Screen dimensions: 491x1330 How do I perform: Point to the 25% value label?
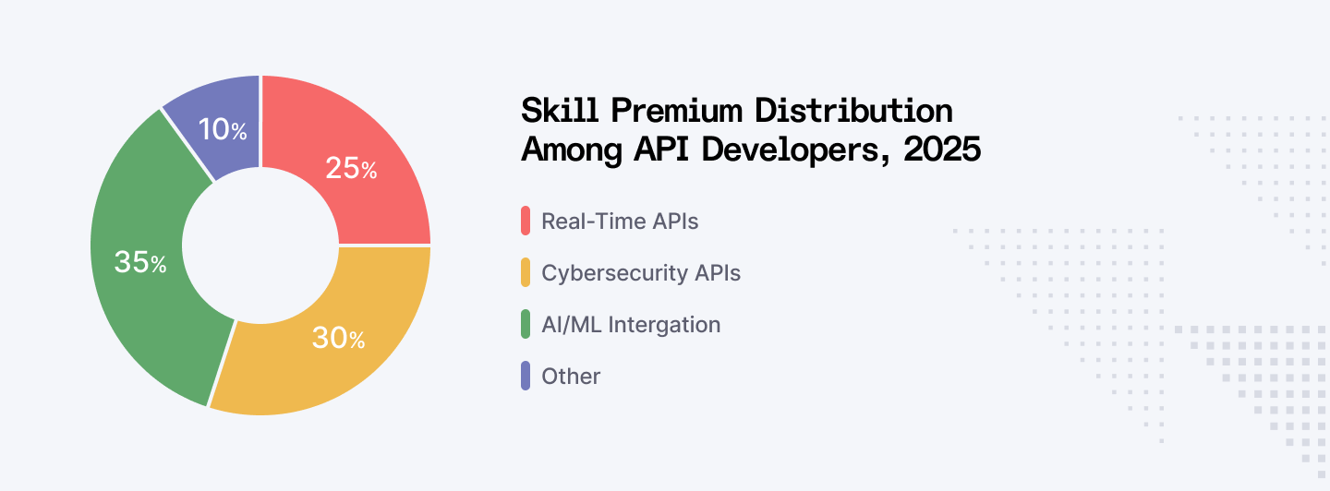[x=351, y=169]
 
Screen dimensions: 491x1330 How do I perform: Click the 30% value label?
[x=338, y=339]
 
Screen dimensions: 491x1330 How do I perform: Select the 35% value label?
[x=140, y=263]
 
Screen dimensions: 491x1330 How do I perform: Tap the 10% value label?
[x=223, y=130]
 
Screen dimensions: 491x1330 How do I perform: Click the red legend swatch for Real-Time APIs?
[x=526, y=222]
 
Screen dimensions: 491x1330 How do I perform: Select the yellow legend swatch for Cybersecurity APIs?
[x=526, y=273]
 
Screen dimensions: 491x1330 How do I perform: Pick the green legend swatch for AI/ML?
[x=526, y=325]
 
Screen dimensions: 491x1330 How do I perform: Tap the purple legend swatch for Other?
[x=526, y=377]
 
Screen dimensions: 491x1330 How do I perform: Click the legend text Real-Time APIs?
[x=620, y=222]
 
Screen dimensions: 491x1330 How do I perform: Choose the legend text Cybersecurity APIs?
[x=641, y=273]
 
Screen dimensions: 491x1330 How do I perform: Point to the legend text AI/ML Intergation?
[x=631, y=325]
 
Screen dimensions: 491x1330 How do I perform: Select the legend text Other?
[x=571, y=377]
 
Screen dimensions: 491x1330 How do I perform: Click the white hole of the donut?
[x=260, y=245]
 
